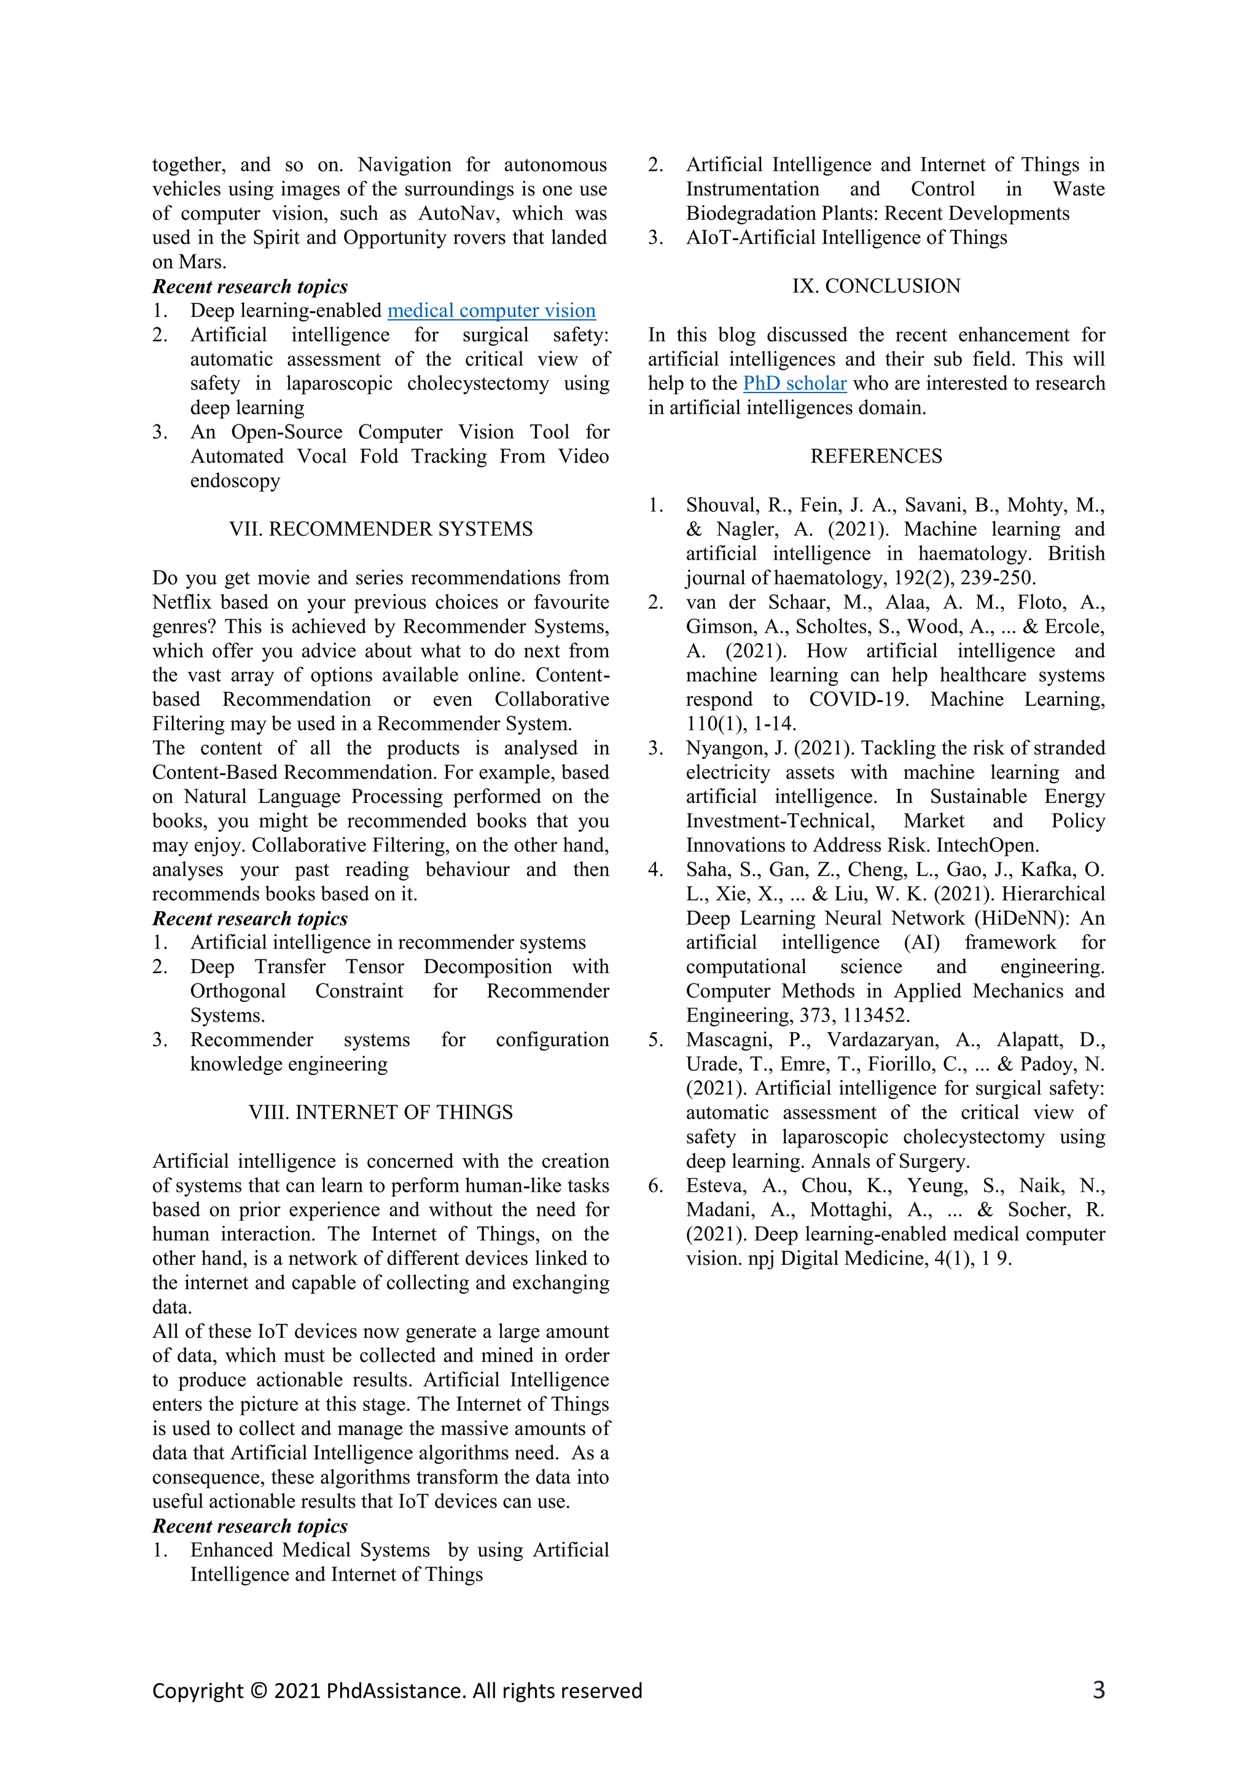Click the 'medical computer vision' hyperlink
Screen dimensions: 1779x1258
tap(491, 311)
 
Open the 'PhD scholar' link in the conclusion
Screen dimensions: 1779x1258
tap(794, 383)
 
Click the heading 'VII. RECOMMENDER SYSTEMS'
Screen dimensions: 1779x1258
tap(380, 529)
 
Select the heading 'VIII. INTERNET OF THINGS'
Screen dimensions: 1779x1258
tap(380, 1112)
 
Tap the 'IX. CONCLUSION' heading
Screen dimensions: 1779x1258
tap(876, 286)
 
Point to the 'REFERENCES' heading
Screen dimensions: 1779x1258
tap(876, 456)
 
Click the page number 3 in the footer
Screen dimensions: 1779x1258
tap(1098, 1690)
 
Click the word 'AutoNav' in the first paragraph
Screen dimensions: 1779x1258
tap(454, 214)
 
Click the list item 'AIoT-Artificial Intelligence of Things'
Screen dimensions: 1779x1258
tap(846, 238)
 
